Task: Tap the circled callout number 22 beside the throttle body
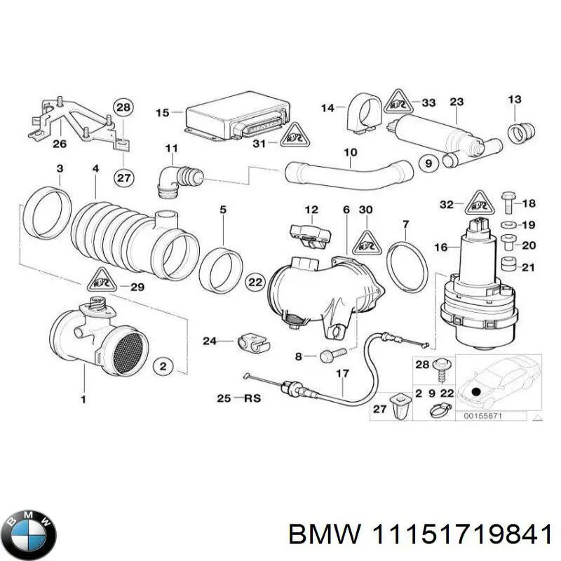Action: [x=255, y=282]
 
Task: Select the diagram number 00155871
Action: [x=485, y=417]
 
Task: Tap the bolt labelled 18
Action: [x=508, y=204]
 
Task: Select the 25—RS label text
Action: [x=238, y=399]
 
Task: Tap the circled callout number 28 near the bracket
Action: [x=123, y=107]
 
